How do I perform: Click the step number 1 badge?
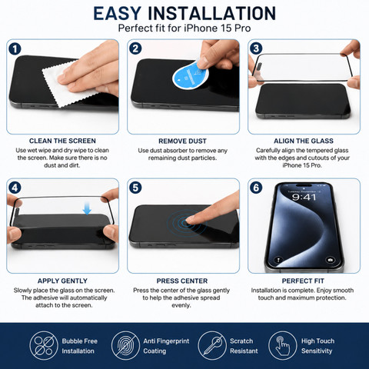[x=15, y=49]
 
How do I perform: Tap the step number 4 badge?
[x=15, y=188]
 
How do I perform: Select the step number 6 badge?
[x=256, y=188]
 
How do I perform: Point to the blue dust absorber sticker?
[x=190, y=75]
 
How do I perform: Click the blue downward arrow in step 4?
[x=87, y=208]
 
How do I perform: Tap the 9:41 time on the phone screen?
[x=304, y=197]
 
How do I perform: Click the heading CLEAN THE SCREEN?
[x=62, y=141]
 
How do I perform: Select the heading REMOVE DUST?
[x=182, y=141]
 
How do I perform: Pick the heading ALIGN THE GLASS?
[x=304, y=141]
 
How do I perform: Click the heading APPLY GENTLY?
[x=62, y=281]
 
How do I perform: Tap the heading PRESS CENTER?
[x=182, y=281]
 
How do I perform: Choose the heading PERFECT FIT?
[x=303, y=281]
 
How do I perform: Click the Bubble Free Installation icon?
[x=44, y=346]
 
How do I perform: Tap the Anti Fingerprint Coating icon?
[x=125, y=346]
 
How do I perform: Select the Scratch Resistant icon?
[x=212, y=346]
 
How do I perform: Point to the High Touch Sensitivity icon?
[x=283, y=346]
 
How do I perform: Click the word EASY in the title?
[x=117, y=13]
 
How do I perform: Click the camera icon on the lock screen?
[x=330, y=260]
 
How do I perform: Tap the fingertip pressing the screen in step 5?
[x=191, y=219]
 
